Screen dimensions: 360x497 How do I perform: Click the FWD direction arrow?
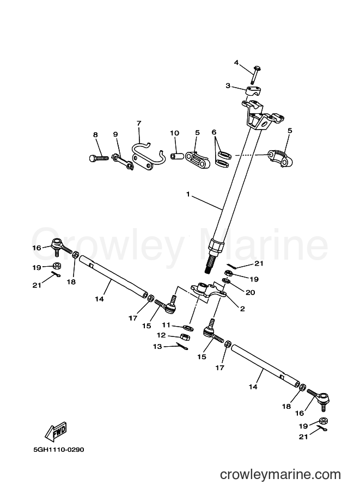coord(56,432)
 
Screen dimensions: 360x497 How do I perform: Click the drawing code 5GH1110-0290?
coord(59,450)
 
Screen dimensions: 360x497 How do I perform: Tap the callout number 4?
coord(236,63)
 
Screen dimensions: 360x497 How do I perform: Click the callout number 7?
coord(138,123)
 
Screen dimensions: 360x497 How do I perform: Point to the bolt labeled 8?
coord(99,157)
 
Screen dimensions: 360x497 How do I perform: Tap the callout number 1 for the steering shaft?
coord(188,194)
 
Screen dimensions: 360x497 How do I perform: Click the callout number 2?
coord(242,309)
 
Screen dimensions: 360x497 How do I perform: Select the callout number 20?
coord(250,292)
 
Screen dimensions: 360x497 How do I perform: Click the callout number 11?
coord(166,325)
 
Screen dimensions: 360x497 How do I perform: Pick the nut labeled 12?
coord(185,336)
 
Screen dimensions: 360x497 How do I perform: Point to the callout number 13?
coord(157,346)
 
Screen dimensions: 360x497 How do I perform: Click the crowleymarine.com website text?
coord(280,475)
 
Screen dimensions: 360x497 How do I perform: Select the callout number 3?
coord(228,85)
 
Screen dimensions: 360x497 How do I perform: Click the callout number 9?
coord(115,134)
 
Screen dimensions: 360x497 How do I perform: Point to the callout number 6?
coord(214,132)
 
